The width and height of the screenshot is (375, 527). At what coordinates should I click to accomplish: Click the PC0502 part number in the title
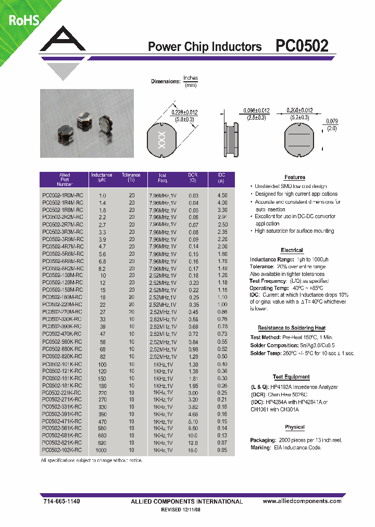click(302, 46)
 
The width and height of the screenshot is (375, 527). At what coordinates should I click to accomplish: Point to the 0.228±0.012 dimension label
click(184, 112)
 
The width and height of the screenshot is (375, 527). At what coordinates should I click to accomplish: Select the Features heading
click(294, 178)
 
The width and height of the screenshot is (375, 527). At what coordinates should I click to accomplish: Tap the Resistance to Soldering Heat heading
click(291, 328)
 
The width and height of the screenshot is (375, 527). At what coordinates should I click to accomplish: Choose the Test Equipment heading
click(291, 377)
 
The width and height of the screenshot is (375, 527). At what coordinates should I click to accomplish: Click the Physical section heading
click(294, 427)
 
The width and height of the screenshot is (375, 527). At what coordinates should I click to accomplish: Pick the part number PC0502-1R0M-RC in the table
click(62, 195)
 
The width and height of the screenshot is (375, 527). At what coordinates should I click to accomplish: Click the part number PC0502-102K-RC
click(62, 449)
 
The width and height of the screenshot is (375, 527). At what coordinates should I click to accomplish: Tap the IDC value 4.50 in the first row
click(222, 195)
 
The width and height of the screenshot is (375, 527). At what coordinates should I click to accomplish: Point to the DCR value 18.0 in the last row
click(193, 449)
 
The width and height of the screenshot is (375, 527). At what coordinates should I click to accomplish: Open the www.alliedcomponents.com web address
click(302, 501)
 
